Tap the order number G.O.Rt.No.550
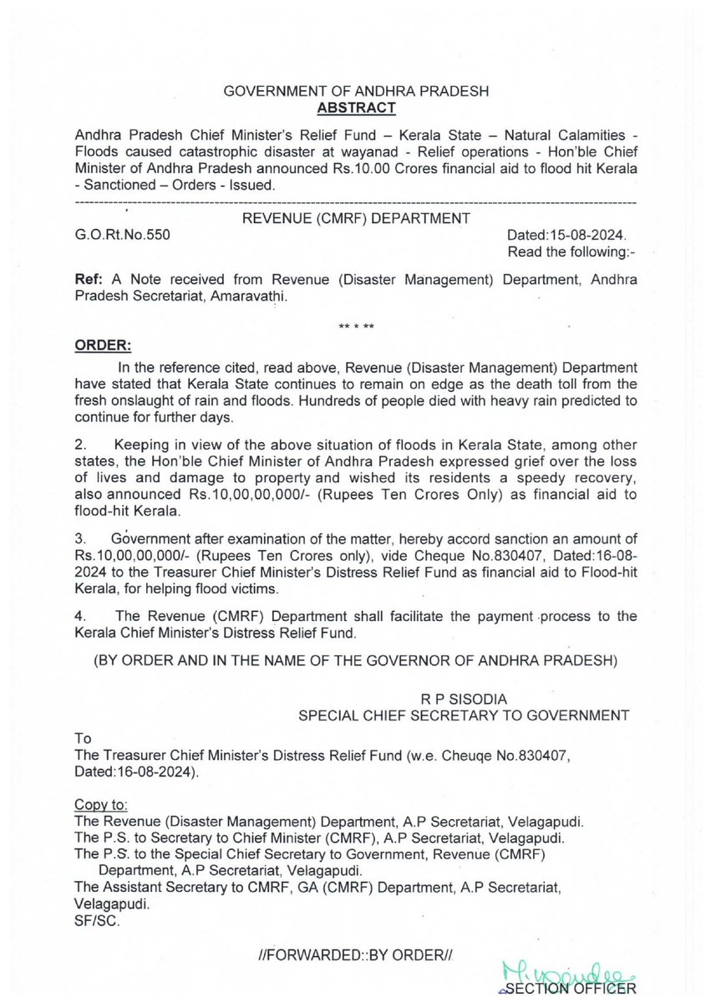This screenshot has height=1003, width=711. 122,236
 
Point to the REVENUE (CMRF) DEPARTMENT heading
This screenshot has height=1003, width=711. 355,219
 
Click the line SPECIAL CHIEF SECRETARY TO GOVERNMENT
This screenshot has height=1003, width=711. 465,715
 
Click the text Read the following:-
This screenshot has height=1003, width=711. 571,252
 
